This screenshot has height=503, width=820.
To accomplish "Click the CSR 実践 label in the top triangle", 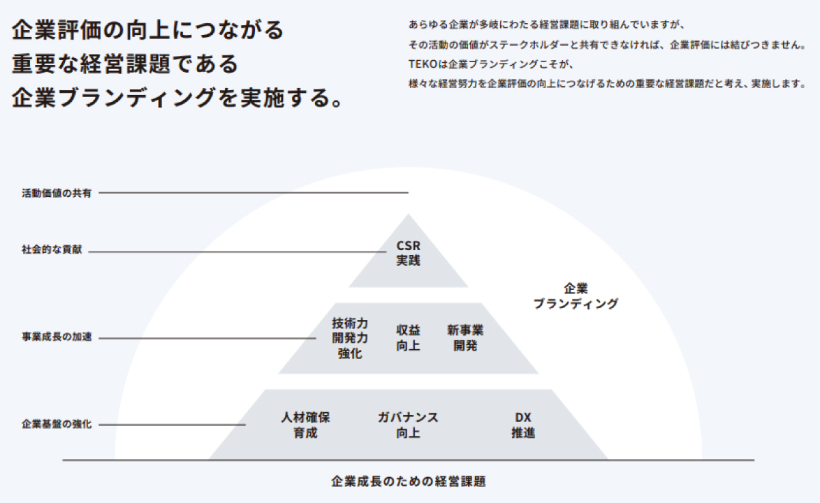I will tap(409, 253).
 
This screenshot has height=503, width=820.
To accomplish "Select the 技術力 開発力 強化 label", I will tap(350, 338).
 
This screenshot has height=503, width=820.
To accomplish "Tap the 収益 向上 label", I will tap(409, 338).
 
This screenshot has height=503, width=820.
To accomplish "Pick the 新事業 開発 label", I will tap(465, 338).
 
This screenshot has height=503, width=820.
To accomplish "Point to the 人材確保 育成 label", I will tap(305, 425).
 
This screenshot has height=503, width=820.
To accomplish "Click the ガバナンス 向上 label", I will tap(408, 425).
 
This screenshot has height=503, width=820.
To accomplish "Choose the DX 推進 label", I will tap(523, 425).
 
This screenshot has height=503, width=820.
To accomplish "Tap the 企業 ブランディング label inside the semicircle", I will tap(575, 296).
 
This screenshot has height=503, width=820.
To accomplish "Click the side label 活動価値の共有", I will tap(56, 193).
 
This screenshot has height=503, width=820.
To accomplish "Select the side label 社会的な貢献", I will tap(51, 251).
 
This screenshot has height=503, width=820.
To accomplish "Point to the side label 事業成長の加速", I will tap(56, 337).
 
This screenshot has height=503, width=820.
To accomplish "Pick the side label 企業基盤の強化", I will tap(56, 424).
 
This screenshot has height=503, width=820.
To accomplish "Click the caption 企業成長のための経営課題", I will tap(408, 481).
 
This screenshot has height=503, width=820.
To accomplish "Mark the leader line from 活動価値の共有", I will tap(253, 193).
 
